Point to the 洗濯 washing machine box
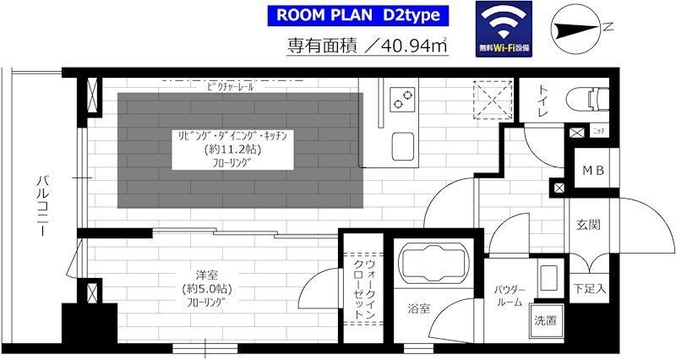[x=544, y=320]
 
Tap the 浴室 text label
[x=418, y=308]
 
